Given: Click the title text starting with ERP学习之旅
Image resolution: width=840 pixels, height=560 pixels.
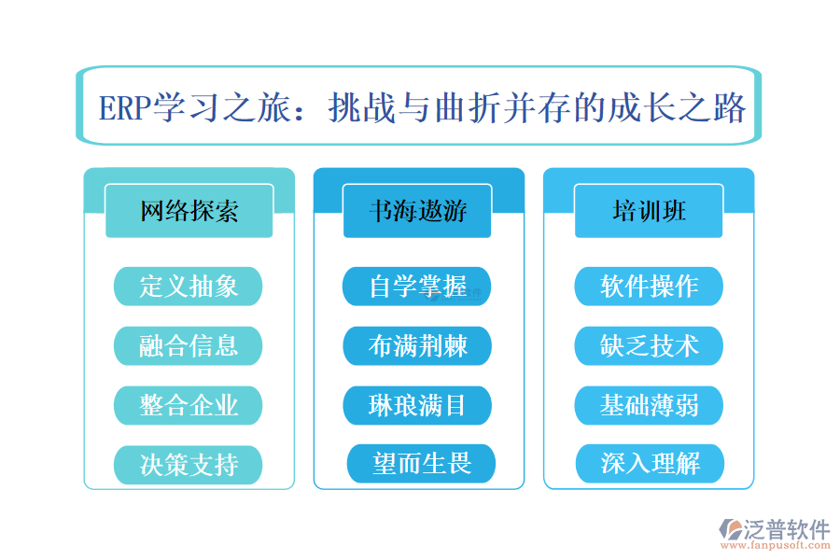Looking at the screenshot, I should click(x=422, y=108).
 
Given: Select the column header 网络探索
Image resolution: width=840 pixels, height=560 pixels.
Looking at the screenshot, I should click(x=189, y=211).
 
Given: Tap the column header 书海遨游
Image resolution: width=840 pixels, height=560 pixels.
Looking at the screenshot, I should click(x=417, y=211).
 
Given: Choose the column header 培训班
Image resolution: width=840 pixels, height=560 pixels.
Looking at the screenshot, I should click(x=649, y=211).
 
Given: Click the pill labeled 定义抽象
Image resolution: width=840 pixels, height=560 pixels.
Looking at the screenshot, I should click(x=189, y=286).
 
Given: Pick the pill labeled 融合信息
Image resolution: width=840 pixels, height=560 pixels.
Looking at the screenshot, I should click(x=189, y=345).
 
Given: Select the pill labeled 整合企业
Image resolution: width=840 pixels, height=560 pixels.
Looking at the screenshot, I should click(x=189, y=405).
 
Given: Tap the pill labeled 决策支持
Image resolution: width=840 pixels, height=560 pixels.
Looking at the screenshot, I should click(x=189, y=464).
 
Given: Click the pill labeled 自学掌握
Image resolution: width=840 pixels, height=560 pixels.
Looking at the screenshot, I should click(x=417, y=286).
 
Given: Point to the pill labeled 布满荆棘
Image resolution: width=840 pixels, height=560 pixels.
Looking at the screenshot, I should click(x=417, y=345).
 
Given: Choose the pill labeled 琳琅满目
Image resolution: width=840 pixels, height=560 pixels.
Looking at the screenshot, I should click(x=417, y=405).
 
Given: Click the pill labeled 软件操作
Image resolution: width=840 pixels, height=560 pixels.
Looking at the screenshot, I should click(x=649, y=286).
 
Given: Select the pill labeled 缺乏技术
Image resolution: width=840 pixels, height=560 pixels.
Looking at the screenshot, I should click(x=649, y=345).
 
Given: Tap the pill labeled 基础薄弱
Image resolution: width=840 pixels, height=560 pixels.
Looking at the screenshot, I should click(x=649, y=405).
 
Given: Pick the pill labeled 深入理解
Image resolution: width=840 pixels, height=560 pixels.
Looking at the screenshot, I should click(x=650, y=464).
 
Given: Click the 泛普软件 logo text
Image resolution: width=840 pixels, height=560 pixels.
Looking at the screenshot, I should click(x=786, y=529).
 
